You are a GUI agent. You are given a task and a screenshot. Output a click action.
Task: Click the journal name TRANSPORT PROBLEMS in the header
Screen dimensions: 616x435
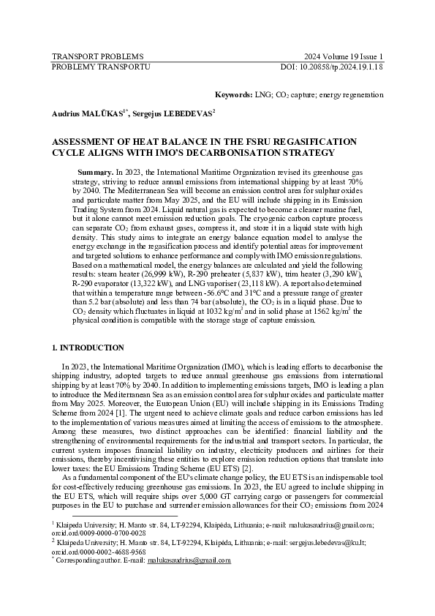[x=97, y=56]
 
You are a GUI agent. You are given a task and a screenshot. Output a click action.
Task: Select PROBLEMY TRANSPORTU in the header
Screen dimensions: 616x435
[x=101, y=66]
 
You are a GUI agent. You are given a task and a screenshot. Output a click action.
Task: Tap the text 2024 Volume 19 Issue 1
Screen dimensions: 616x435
[x=344, y=56]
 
